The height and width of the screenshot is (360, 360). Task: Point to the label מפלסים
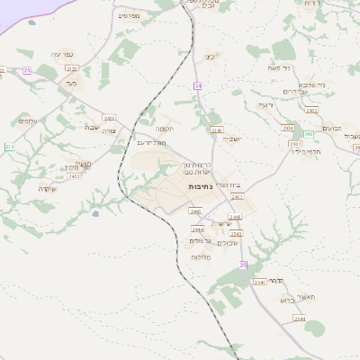128,15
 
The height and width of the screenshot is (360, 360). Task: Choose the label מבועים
332,127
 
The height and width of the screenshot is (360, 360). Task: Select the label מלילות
201,257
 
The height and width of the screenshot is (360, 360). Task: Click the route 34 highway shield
197,85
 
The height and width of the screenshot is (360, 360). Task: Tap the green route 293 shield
308,134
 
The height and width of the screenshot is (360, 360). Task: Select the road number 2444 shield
197,229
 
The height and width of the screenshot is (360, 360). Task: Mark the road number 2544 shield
300,319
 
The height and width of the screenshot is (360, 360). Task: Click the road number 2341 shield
215,130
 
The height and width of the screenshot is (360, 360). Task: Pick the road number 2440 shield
194,211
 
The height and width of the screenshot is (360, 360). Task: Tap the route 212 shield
9,146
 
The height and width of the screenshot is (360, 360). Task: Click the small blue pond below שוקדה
95,213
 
